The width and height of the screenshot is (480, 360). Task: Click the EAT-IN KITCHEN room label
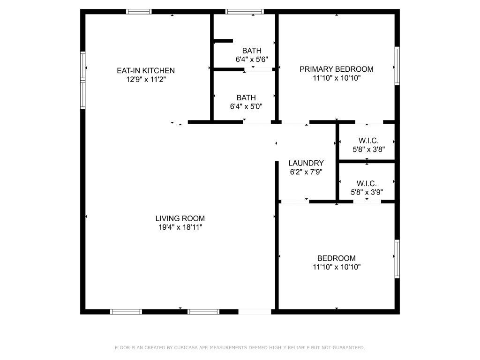pyautogui.click(x=145, y=70)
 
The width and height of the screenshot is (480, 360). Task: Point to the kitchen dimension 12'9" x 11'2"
pyautogui.click(x=145, y=79)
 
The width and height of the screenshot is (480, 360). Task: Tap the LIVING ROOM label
pyautogui.click(x=180, y=218)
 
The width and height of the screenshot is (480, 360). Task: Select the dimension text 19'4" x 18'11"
pyautogui.click(x=180, y=227)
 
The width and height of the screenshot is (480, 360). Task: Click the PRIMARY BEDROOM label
pyautogui.click(x=336, y=69)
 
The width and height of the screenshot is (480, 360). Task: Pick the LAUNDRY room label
pyautogui.click(x=306, y=163)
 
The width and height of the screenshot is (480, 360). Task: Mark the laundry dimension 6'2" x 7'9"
pyautogui.click(x=306, y=172)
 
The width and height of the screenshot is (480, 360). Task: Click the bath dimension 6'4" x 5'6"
pyautogui.click(x=252, y=60)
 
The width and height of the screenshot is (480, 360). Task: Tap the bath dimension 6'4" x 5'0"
pyautogui.click(x=246, y=106)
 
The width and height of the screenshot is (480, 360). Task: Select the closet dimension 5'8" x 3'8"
pyautogui.click(x=368, y=150)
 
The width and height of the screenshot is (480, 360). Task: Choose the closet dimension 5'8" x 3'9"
pyautogui.click(x=367, y=192)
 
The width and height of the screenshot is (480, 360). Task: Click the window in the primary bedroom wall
pyautogui.click(x=397, y=66)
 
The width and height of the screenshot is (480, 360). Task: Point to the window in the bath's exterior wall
pyautogui.click(x=244, y=12)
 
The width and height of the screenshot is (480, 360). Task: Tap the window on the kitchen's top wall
pyautogui.click(x=139, y=12)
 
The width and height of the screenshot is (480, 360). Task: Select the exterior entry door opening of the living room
pyautogui.click(x=255, y=311)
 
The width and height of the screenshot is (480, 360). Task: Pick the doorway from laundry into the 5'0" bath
pyautogui.click(x=257, y=122)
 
